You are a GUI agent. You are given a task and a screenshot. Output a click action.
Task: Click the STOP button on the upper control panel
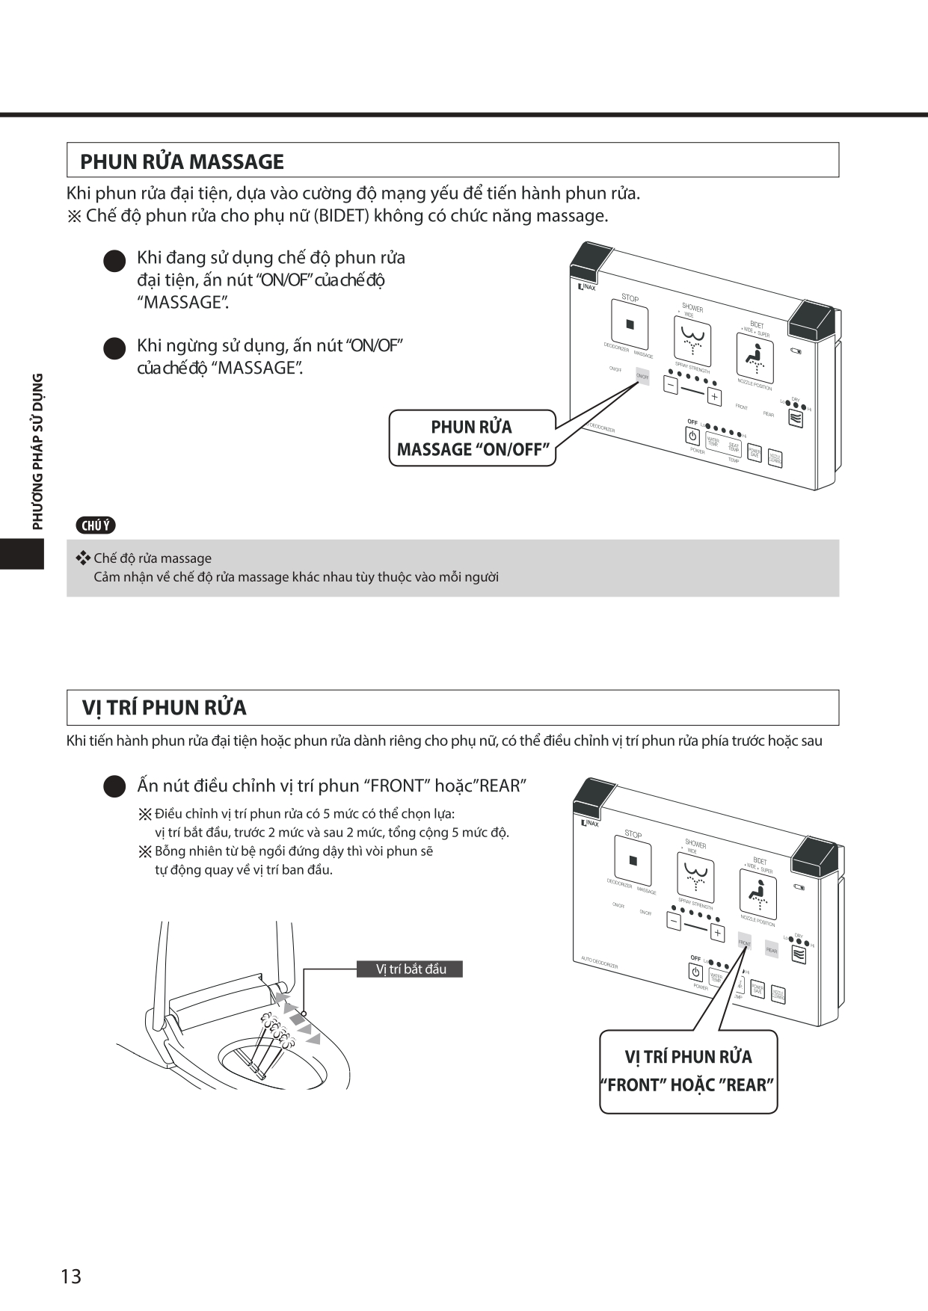pyautogui.click(x=630, y=324)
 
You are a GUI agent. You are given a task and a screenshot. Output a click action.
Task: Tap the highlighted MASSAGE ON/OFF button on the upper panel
pyautogui.click(x=642, y=377)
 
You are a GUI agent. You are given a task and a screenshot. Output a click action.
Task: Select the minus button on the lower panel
pyautogui.click(x=674, y=922)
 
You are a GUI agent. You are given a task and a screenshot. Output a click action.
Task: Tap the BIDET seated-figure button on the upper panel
pyautogui.click(x=755, y=357)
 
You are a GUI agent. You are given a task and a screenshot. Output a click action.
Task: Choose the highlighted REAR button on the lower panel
pyautogui.click(x=771, y=950)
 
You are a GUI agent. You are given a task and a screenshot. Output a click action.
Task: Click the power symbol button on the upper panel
pyautogui.click(x=692, y=436)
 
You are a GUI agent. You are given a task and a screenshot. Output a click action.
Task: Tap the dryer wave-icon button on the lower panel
pyautogui.click(x=799, y=955)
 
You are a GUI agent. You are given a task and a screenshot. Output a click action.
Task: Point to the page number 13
pyautogui.click(x=71, y=1276)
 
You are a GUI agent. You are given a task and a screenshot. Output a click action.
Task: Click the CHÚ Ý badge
pyautogui.click(x=96, y=525)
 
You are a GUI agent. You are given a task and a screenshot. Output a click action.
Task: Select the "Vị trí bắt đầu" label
pyautogui.click(x=411, y=969)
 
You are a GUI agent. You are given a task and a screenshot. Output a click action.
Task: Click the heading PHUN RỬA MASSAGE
pyautogui.click(x=182, y=161)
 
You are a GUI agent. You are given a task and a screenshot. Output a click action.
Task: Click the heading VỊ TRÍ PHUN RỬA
pyautogui.click(x=164, y=707)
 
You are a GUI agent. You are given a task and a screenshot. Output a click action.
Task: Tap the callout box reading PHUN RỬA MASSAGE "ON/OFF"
pyautogui.click(x=472, y=438)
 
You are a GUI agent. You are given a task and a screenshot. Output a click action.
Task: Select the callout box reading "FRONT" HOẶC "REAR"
pyautogui.click(x=688, y=1071)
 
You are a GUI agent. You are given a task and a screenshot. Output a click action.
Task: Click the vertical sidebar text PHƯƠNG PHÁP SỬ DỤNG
pyautogui.click(x=37, y=451)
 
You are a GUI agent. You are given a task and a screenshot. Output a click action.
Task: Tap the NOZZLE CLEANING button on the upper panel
pyautogui.click(x=775, y=458)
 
